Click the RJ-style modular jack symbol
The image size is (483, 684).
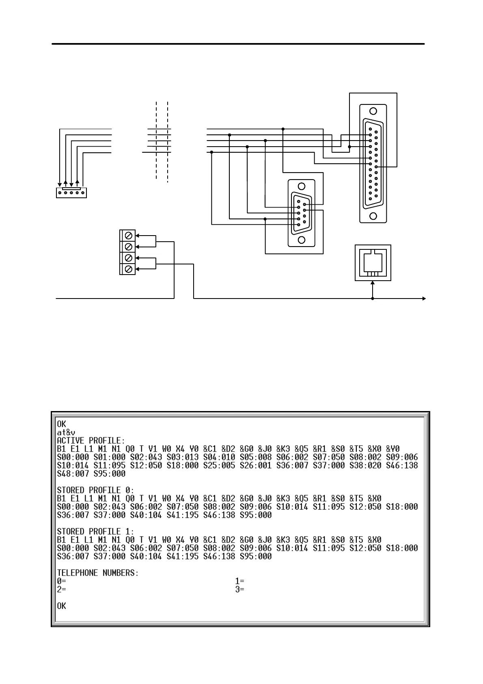tap(373, 263)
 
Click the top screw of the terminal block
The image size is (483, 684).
tap(129, 236)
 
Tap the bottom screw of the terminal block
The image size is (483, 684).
tap(129, 269)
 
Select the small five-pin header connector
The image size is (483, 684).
tap(71, 193)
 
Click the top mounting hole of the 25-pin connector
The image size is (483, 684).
tap(373, 111)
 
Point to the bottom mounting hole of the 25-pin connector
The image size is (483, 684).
tap(373, 216)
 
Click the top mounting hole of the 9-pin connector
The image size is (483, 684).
tap(301, 186)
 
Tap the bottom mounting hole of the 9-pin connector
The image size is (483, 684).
tap(301, 240)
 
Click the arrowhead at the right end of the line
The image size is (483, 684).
tap(424, 299)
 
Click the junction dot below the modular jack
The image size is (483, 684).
tap(373, 299)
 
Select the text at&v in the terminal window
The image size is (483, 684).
tap(66, 433)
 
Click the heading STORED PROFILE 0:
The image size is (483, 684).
tap(95, 490)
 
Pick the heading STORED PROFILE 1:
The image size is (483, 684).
tap(95, 532)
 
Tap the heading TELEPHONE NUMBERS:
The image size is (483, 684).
tap(98, 573)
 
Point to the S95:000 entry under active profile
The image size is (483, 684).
tap(110, 474)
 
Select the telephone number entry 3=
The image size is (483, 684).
tap(240, 589)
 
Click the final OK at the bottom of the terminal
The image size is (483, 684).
tap(61, 606)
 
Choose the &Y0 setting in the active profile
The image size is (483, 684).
tap(392, 449)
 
